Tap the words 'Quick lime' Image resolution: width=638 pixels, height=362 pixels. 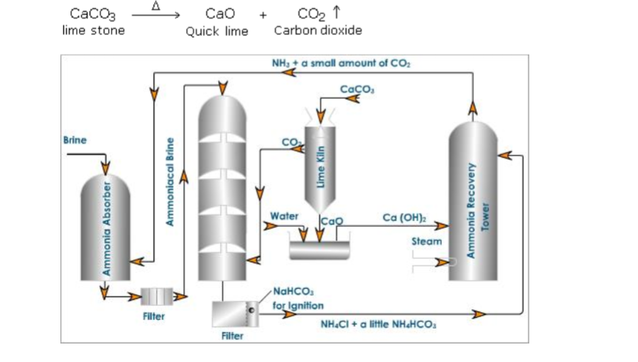[217, 31]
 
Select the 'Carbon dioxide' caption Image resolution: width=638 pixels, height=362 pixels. [318, 31]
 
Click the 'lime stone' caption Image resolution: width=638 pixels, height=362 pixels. [93, 30]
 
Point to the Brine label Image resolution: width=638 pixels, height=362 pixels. [75, 139]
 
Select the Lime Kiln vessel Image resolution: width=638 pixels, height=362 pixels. [321, 164]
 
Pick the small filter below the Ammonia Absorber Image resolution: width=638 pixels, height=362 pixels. [157, 294]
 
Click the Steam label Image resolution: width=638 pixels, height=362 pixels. [426, 243]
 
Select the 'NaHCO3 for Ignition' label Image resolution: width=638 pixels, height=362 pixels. [298, 299]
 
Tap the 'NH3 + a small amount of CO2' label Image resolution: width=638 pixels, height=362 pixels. [341, 63]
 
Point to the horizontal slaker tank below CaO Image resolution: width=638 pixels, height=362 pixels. [320, 250]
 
